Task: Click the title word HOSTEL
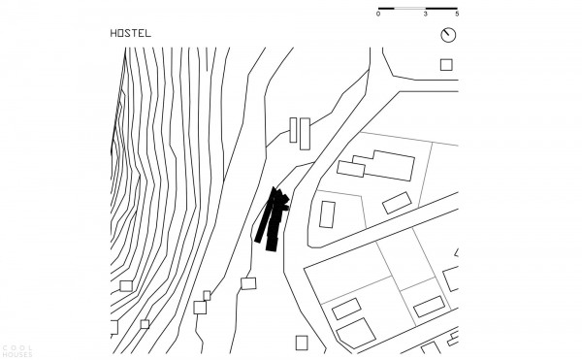point(131,33)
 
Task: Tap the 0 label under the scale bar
point(378,15)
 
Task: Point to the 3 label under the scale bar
point(426,15)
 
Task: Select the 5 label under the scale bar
point(457,15)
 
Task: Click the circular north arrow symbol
point(448,35)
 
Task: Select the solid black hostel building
point(273,219)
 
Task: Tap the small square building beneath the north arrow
point(446,65)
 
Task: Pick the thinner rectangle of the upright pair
point(293,130)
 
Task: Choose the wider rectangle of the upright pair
point(305,134)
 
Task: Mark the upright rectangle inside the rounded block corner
point(327,214)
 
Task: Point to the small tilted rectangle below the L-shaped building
point(397,203)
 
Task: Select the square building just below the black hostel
point(248,283)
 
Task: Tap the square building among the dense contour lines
point(126,286)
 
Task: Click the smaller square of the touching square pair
point(207,295)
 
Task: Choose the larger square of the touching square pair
point(200,308)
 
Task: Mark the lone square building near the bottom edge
point(302,343)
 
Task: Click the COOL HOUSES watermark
point(17,351)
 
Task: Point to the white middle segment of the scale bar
point(409,8)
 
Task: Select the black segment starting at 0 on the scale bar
point(386,8)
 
